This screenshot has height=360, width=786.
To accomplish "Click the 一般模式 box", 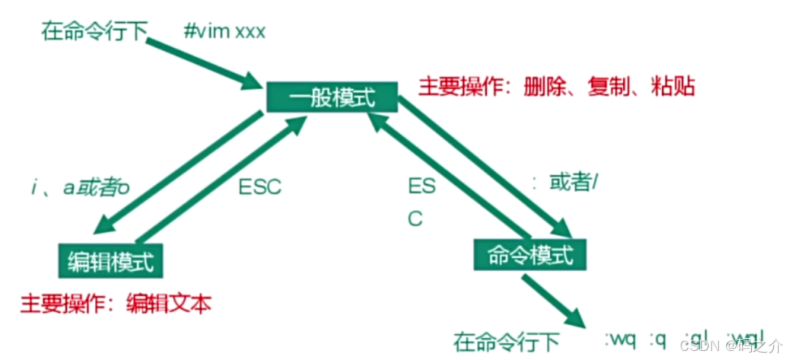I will pos(332,98).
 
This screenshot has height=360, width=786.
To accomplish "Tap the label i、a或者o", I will pos(77,187).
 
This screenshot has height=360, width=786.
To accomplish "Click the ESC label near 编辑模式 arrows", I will pos(260,187).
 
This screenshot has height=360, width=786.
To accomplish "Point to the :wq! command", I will pos(745,337).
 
